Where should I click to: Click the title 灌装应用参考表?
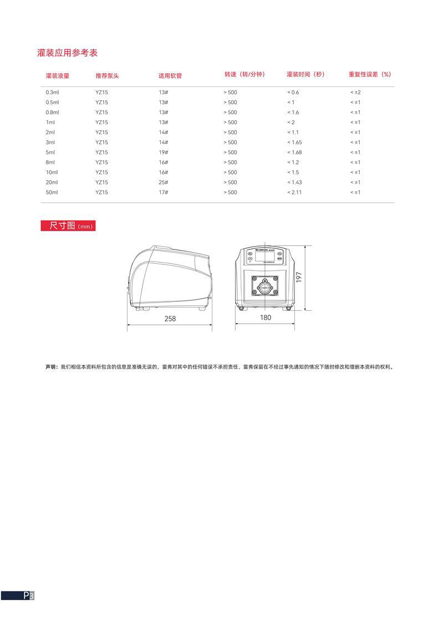67,53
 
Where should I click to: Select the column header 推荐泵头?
107,75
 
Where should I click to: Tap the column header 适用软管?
170,75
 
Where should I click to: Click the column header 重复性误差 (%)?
370,74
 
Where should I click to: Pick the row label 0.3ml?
52,92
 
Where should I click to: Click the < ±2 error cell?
355,92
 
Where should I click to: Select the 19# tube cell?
163,152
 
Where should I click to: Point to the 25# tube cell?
163,182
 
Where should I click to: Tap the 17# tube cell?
163,192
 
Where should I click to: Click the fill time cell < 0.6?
293,92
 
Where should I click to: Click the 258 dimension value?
170,319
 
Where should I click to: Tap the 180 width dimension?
266,318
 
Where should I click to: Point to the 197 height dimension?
299,278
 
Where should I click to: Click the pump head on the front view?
265,287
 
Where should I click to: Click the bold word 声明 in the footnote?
52,367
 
